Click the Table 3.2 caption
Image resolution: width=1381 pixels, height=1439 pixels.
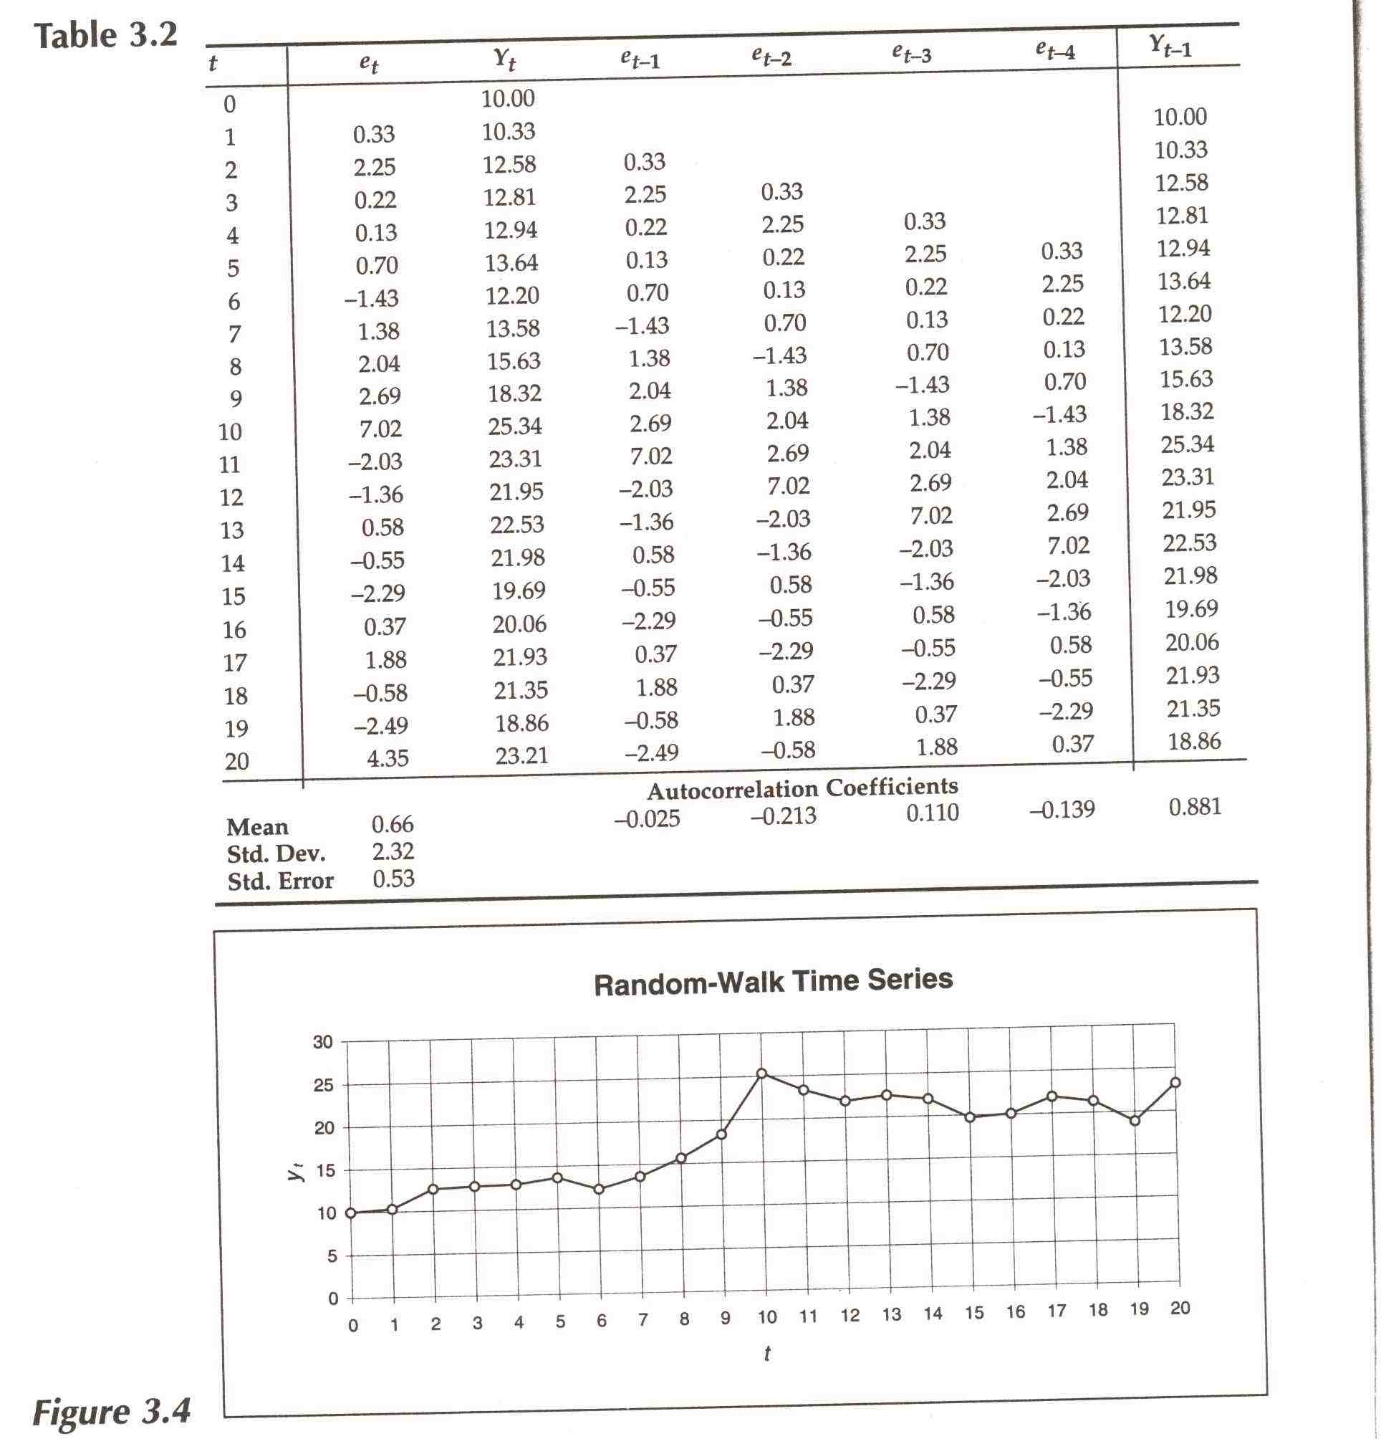[107, 36]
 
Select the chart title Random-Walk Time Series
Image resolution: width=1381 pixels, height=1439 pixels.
[773, 982]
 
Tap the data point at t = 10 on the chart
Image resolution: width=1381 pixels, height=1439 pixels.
[761, 1074]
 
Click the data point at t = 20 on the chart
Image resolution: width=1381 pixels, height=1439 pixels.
[1175, 1082]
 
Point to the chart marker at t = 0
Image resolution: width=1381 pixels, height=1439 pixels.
[351, 1213]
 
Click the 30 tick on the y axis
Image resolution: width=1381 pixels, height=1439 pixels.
[323, 1042]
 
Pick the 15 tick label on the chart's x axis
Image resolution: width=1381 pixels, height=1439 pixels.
[973, 1313]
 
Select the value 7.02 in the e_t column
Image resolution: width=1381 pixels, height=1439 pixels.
[381, 429]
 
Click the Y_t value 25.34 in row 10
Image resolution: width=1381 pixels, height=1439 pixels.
[514, 426]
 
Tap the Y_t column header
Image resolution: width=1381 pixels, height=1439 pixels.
[504, 59]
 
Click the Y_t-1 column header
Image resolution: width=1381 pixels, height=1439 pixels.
[1170, 47]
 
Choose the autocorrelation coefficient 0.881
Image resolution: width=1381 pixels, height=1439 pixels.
[1195, 807]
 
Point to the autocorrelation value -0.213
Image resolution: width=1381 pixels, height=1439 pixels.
[783, 816]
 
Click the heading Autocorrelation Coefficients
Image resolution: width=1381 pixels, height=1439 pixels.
[802, 788]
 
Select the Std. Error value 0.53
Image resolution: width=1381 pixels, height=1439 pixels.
[393, 879]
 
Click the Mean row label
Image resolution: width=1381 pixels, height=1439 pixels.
[257, 828]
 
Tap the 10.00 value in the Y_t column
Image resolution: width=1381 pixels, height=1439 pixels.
[508, 98]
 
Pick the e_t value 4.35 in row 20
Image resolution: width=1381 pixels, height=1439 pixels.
[388, 757]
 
